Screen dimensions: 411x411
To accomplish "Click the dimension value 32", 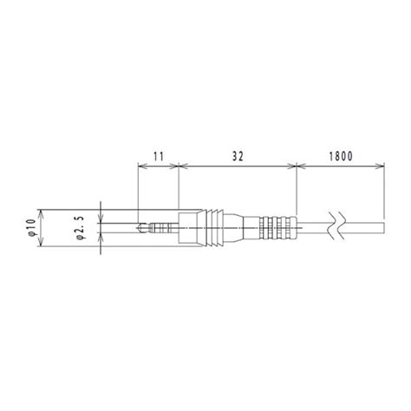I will coord(237,155).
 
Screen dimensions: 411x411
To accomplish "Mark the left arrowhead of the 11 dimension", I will coord(140,166).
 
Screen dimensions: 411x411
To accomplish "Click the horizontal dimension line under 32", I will coord(237,166).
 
